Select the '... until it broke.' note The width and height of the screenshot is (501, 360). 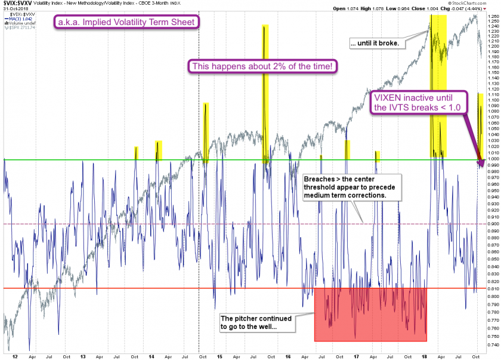[386, 43]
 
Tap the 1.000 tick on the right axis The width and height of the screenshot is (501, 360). [492, 159]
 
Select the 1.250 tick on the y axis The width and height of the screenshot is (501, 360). [492, 22]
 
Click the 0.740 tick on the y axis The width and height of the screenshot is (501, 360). [492, 344]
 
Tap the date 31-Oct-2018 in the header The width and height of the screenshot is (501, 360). [13, 8]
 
